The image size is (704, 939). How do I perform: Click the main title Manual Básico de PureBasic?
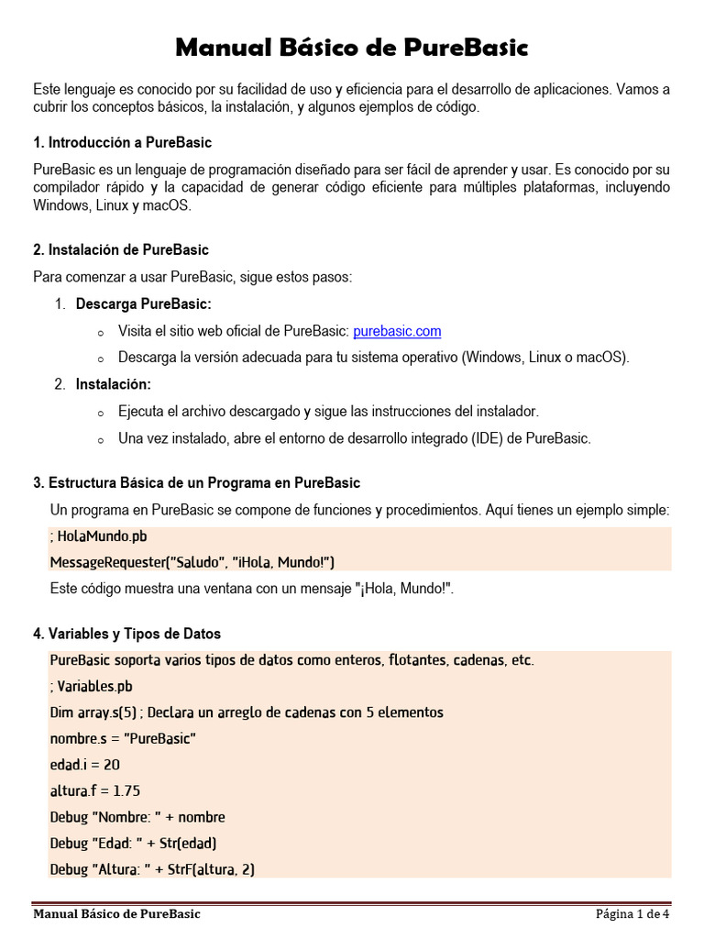[351, 47]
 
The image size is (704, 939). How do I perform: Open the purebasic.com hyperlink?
[397, 331]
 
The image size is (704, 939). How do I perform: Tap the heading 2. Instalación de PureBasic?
[121, 249]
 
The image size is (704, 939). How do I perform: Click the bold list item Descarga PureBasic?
[143, 304]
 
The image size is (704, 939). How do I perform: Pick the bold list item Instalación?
[114, 384]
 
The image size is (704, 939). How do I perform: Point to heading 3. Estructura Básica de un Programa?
[196, 482]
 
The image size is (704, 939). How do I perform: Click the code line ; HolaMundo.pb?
[99, 536]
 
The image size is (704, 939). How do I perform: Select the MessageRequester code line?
[192, 561]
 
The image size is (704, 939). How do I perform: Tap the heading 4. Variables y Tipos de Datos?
[126, 634]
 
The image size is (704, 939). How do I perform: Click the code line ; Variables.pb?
[92, 686]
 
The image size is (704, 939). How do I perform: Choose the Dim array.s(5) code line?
[247, 713]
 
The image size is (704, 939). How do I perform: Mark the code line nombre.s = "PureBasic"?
[123, 738]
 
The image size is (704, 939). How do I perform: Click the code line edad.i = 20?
[85, 765]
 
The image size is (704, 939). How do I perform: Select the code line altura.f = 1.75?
[95, 790]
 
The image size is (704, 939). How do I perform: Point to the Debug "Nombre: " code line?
[137, 817]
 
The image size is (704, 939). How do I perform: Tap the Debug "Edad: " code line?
[133, 843]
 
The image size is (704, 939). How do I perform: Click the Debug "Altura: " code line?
[152, 869]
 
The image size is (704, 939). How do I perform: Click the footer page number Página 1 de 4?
[632, 914]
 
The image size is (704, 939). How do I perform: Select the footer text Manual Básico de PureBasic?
[116, 914]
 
